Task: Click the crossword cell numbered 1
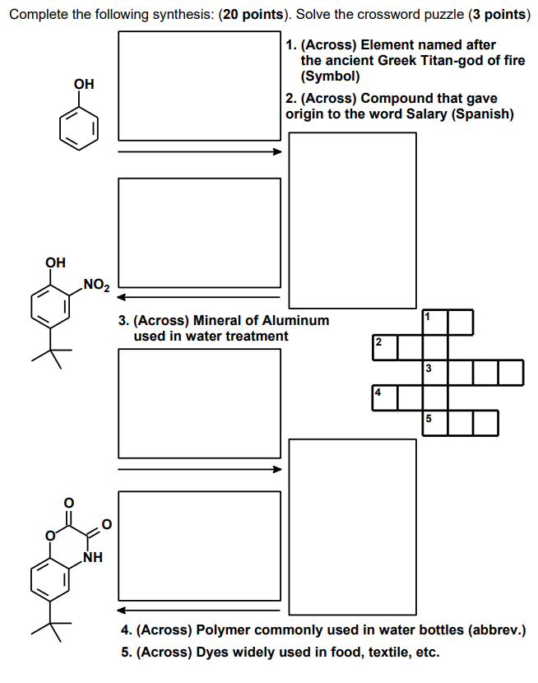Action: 435,322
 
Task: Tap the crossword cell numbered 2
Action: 385,346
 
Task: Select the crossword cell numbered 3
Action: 435,372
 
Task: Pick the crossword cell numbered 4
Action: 385,397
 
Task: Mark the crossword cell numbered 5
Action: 435,422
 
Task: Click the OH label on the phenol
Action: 83,84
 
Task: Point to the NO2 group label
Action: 95,286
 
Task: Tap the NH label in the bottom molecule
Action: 93,559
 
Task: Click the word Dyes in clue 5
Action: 213,653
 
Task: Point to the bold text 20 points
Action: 254,15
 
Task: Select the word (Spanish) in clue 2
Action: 483,114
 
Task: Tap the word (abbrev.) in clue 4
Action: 496,630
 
